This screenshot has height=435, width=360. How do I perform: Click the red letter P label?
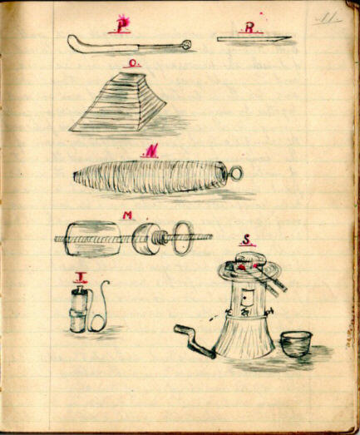pos(122,27)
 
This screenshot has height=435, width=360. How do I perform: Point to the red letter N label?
pos(150,151)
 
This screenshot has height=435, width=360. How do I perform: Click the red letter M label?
pos(127,215)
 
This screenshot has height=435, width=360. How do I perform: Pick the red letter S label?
pos(246,241)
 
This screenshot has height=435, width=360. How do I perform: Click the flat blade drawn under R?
pos(253,38)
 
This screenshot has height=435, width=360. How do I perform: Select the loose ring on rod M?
pos(183,236)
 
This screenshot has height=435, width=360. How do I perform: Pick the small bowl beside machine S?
pos(296,344)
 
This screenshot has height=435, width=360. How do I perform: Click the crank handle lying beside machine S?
pos(193,340)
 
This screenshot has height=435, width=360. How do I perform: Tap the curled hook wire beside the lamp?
pos(101,308)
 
